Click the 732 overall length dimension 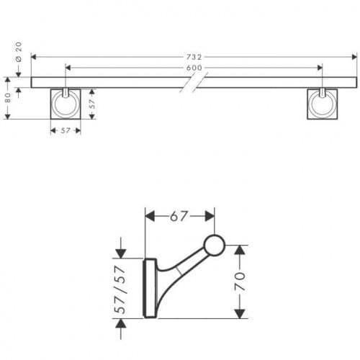194,57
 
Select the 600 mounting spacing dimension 194,68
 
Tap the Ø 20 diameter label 19,52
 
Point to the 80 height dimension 8,98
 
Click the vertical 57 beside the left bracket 92,104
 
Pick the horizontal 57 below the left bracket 66,130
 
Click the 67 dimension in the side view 179,217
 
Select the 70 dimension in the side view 240,282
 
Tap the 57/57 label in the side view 120,289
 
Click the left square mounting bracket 66,104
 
